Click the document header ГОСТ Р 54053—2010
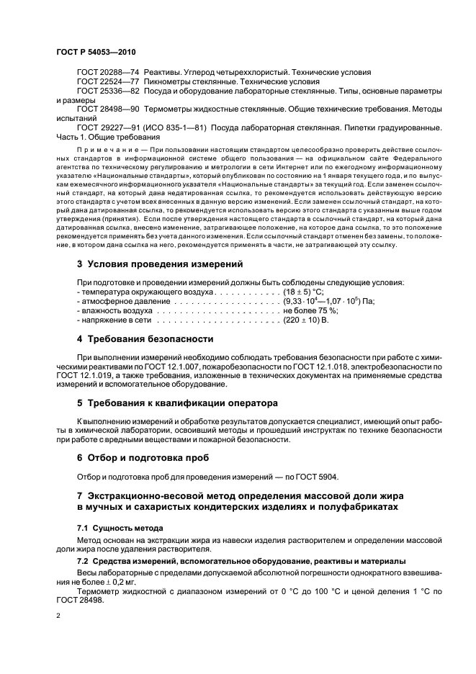click(x=95, y=53)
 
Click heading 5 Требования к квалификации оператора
click(x=176, y=403)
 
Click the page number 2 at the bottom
click(x=59, y=617)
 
